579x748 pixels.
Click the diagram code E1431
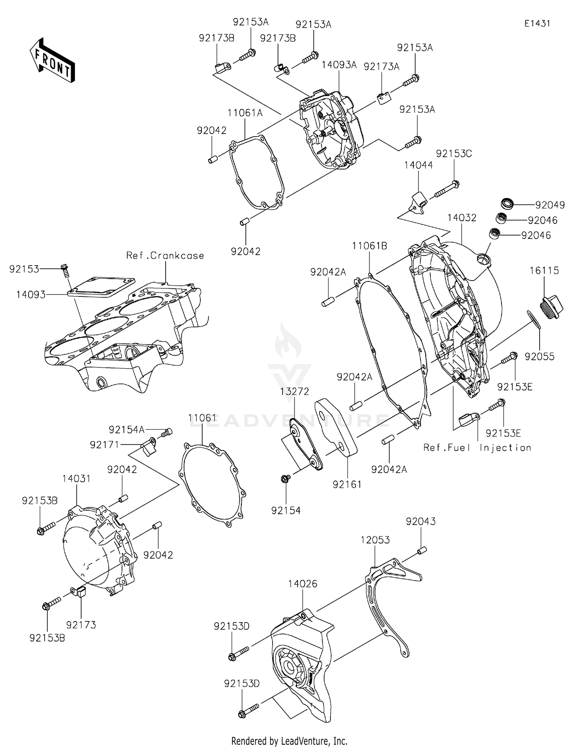pos(537,24)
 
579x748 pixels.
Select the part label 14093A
pos(339,65)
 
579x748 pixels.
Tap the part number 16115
pos(544,271)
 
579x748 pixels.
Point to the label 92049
pos(550,205)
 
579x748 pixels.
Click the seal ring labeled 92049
pos(507,203)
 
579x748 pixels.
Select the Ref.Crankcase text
pos(165,256)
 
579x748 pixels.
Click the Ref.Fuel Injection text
pos(477,448)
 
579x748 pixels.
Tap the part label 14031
pos(76,479)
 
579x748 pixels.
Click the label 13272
pos(295,391)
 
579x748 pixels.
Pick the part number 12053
pos(375,540)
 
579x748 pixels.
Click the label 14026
pos(303,584)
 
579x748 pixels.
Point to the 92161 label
pos(347,484)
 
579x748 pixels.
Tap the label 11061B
pos(369,246)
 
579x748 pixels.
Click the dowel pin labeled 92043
pos(421,550)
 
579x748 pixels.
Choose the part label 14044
pos(418,165)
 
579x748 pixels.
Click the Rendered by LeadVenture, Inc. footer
pos(289,741)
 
